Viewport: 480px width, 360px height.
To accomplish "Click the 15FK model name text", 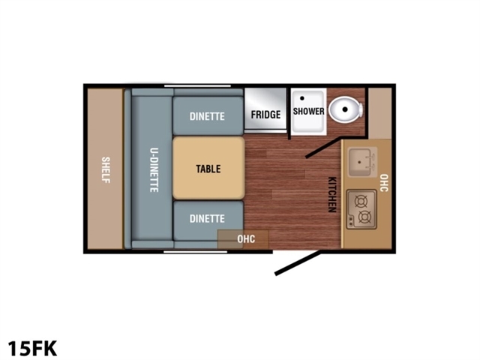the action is pos(32,348).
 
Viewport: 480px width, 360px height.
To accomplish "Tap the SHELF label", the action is pos(106,170).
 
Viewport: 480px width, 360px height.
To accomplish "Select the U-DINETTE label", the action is pos(154,170).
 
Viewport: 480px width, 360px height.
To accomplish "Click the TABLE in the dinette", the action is pos(208,168).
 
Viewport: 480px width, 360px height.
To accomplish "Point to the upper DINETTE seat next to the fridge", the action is pos(208,115).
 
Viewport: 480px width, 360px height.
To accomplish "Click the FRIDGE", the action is pos(265,110).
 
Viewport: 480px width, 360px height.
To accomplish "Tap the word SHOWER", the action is pos(308,111).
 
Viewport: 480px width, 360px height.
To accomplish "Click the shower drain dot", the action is pos(302,98).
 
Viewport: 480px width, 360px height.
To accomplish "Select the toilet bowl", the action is pos(346,109).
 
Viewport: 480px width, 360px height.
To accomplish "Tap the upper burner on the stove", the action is pos(361,202).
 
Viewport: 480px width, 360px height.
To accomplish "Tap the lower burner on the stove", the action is pos(364,217).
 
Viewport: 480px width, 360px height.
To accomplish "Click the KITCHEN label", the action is pos(332,195).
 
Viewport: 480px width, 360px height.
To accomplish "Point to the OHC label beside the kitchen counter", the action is pos(384,183).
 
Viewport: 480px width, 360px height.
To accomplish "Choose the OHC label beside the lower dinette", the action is pos(246,238).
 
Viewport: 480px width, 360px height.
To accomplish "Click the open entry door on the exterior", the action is pos(298,263).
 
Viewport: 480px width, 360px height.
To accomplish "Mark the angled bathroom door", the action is pos(323,148).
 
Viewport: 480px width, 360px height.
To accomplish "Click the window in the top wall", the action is pos(197,86).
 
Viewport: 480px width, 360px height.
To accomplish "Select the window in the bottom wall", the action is pos(195,252).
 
